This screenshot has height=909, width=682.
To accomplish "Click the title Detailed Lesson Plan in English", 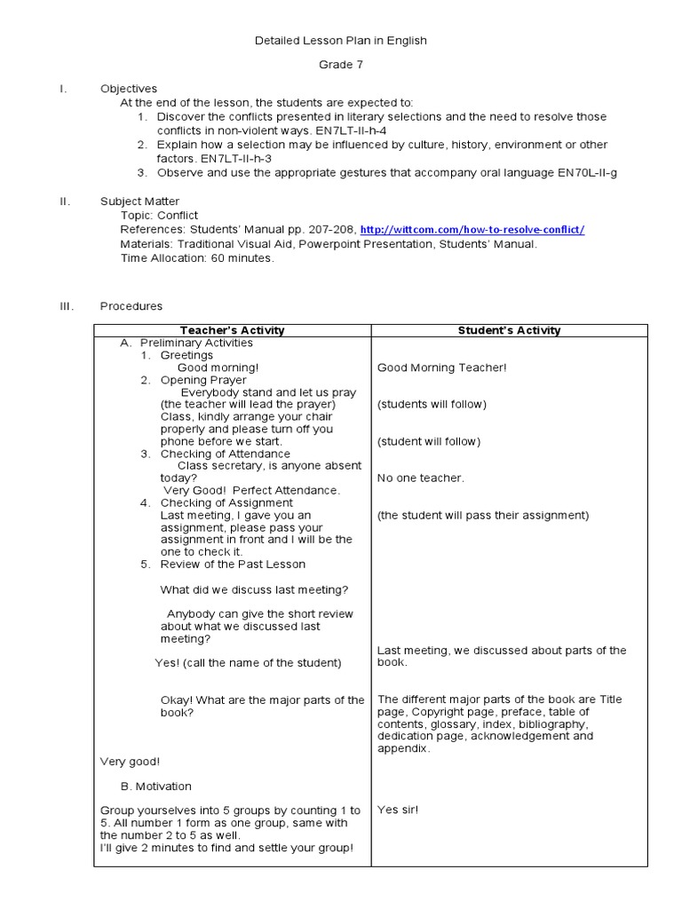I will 341,40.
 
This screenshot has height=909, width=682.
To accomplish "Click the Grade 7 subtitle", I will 341,65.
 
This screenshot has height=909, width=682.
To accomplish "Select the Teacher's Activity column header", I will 232,330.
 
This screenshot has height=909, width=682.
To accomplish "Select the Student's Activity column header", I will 509,330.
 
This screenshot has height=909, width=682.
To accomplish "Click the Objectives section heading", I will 129,89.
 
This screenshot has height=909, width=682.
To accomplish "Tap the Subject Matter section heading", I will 139,202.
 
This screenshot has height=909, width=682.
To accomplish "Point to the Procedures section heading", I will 131,306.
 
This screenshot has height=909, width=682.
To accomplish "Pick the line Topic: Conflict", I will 160,216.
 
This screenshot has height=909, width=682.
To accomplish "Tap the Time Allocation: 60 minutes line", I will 198,258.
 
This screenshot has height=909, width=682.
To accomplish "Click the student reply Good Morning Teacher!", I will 441,368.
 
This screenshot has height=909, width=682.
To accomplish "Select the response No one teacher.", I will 420,478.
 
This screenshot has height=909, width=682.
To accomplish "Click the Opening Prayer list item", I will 203,380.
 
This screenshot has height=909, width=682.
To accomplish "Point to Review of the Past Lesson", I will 233,565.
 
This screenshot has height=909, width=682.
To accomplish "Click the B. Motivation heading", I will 156,786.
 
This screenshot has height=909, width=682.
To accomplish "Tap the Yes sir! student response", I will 397,810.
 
